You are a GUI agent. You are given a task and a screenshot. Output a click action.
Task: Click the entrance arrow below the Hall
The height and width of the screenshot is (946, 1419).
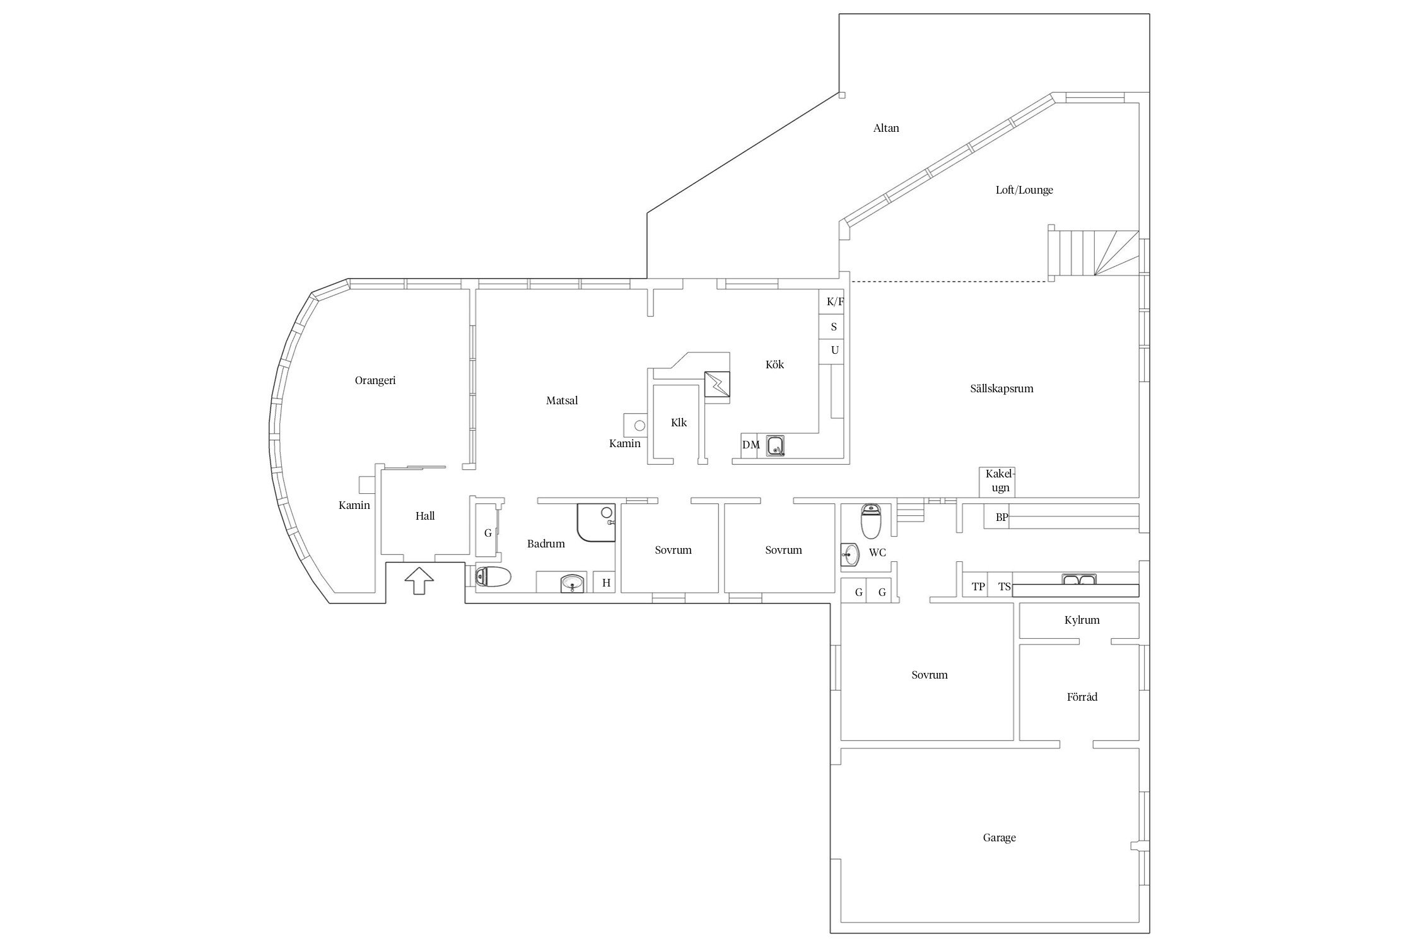pyautogui.click(x=419, y=581)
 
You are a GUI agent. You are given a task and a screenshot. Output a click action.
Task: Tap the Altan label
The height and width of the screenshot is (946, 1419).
pyautogui.click(x=886, y=128)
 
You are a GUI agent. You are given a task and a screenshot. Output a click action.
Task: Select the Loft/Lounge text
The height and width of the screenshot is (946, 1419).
pyautogui.click(x=1024, y=190)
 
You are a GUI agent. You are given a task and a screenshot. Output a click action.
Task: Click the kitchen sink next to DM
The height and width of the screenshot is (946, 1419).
pyautogui.click(x=776, y=445)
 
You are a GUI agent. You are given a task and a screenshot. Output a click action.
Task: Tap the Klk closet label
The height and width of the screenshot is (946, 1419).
pyautogui.click(x=679, y=423)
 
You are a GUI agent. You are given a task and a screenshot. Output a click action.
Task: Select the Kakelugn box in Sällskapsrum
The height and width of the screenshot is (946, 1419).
pyautogui.click(x=996, y=482)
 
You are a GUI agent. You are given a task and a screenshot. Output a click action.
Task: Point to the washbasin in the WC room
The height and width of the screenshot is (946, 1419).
pyautogui.click(x=850, y=555)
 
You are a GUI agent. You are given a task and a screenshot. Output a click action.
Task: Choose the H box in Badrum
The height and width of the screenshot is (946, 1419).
pyautogui.click(x=606, y=583)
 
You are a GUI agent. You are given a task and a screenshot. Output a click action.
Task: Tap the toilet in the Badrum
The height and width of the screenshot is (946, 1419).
pyautogui.click(x=493, y=576)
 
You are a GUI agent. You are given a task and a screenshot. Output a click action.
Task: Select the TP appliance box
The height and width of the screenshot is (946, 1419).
pyautogui.click(x=978, y=587)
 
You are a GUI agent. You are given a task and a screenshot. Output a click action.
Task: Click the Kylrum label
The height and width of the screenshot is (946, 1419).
pyautogui.click(x=1082, y=620)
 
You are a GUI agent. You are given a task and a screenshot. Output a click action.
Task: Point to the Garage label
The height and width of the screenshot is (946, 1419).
pyautogui.click(x=999, y=838)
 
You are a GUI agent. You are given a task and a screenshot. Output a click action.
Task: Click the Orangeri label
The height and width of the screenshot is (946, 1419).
pyautogui.click(x=375, y=380)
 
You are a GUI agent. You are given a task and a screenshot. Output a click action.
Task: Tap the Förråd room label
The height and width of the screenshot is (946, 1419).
pyautogui.click(x=1082, y=697)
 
